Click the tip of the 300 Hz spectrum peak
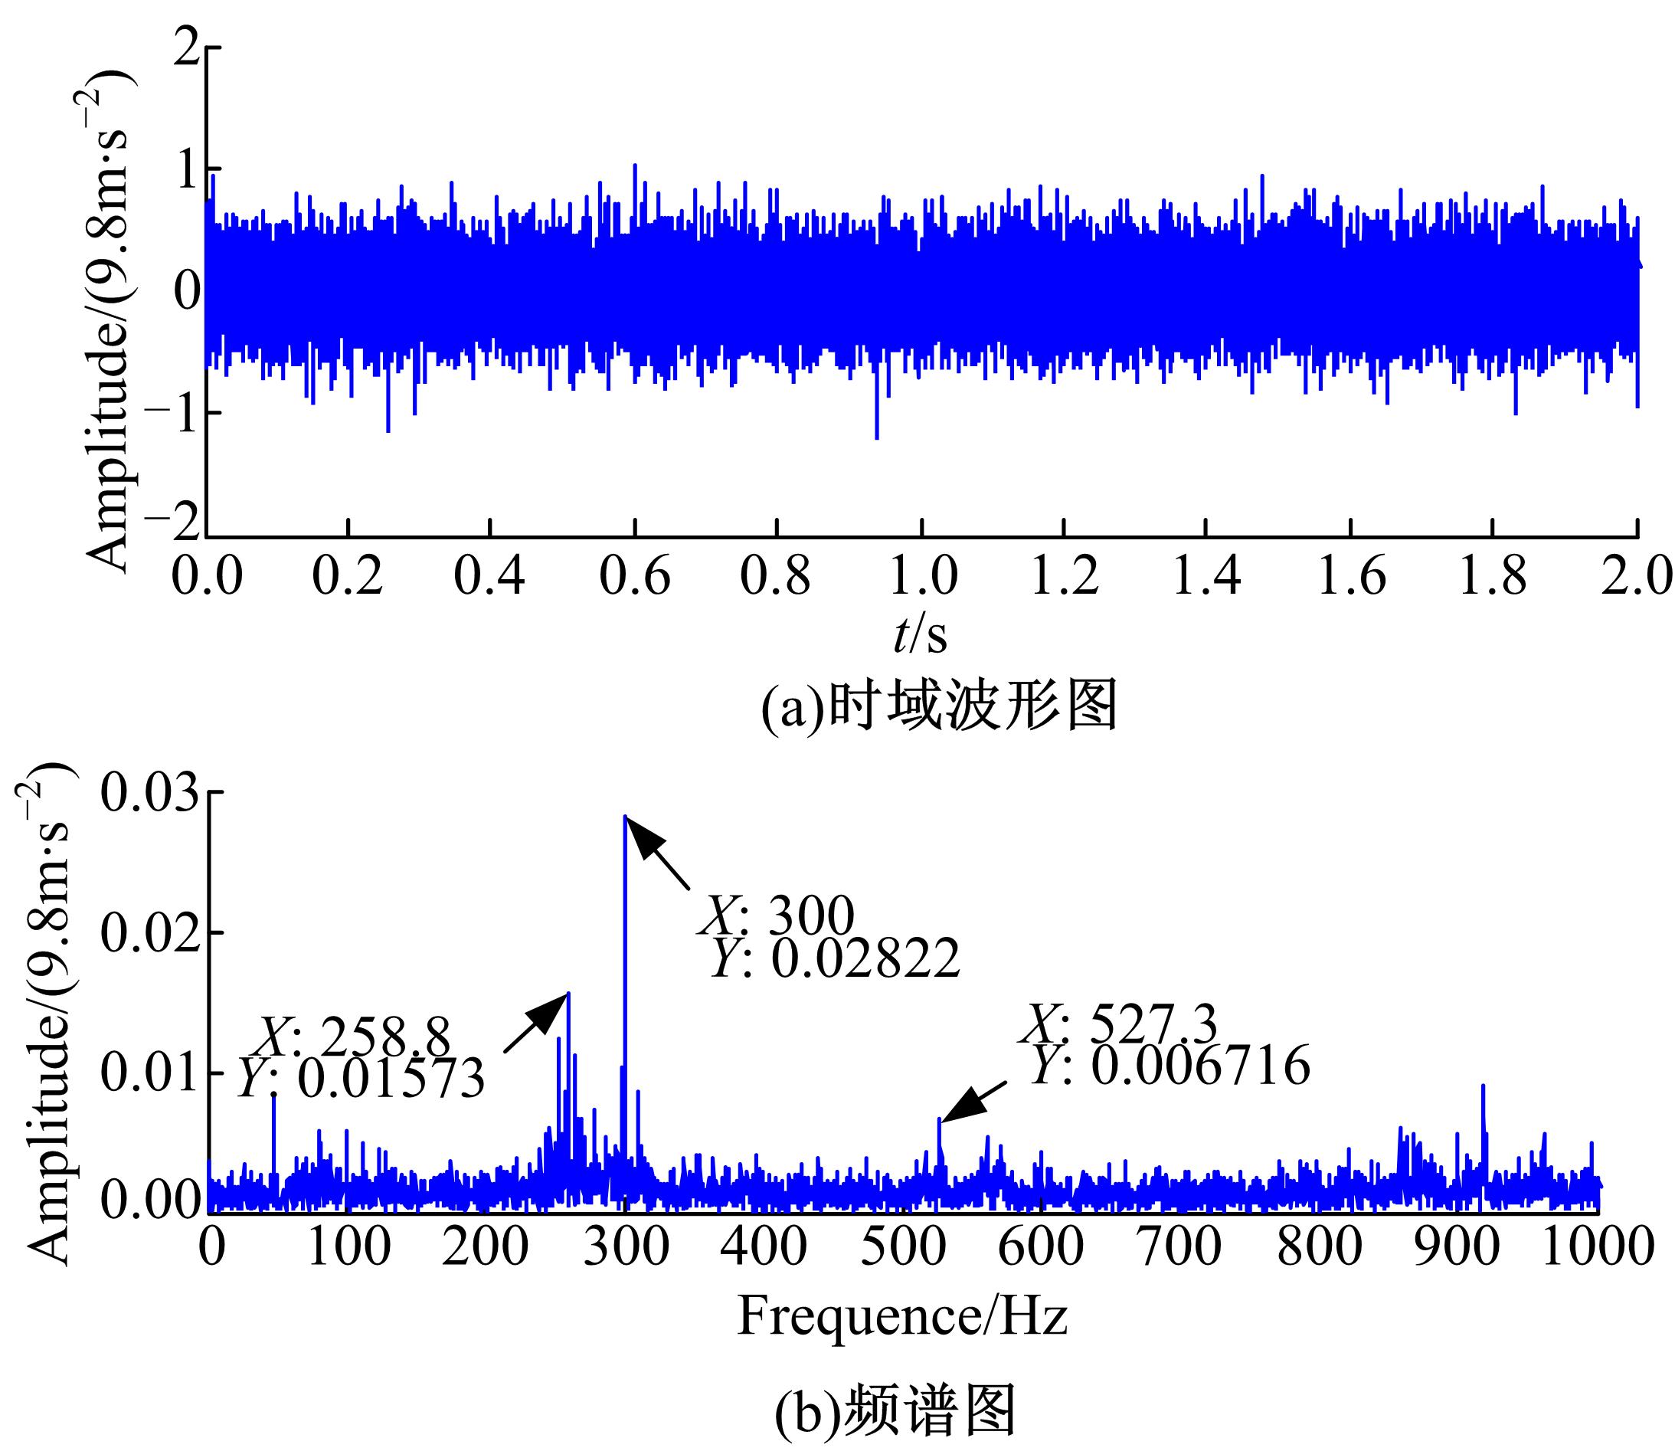625,817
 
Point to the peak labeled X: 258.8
568,994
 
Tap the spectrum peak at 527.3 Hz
939,1120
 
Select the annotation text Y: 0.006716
1170,1066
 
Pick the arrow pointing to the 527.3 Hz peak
974,1102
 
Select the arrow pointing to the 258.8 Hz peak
536,1023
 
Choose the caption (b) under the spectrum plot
895,1414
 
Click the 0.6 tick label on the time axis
635,577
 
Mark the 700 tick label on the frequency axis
1179,1248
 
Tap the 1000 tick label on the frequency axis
1595,1248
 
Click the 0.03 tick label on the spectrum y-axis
149,795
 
